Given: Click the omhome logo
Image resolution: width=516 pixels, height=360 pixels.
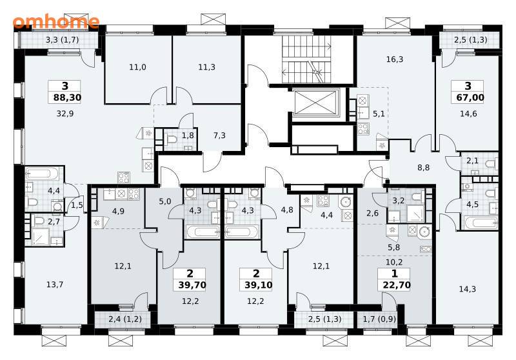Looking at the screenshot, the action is point(56,21).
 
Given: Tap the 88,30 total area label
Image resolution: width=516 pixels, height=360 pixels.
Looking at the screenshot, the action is point(67,97).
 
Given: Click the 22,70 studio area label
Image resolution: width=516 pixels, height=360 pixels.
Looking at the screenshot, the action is point(397,285).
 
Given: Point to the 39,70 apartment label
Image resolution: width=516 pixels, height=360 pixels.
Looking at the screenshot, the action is point(192,285).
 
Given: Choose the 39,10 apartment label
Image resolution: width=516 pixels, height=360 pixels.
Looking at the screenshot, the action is point(259,285).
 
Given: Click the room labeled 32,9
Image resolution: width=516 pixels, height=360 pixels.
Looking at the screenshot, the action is point(65,114).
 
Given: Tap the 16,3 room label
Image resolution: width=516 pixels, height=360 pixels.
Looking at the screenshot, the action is point(395,59).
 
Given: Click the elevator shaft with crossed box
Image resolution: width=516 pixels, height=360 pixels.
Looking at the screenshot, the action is point(316,103).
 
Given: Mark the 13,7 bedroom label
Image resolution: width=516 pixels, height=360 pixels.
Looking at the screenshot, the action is point(55,285).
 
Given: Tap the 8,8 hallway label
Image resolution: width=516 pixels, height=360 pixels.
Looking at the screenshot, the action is point(424,168).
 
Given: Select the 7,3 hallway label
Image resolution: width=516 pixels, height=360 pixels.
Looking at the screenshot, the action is point(219,135).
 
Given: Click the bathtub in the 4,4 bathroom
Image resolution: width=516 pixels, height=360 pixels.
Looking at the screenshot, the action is point(42,173).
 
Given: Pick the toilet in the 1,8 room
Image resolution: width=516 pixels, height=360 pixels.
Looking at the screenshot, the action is point(171,139).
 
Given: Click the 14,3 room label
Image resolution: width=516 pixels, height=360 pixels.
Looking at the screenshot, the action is point(467,289).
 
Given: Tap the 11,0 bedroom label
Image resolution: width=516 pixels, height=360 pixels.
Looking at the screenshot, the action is point(137,67).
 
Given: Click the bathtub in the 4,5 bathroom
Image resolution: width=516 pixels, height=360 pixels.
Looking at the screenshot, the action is point(481,222).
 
